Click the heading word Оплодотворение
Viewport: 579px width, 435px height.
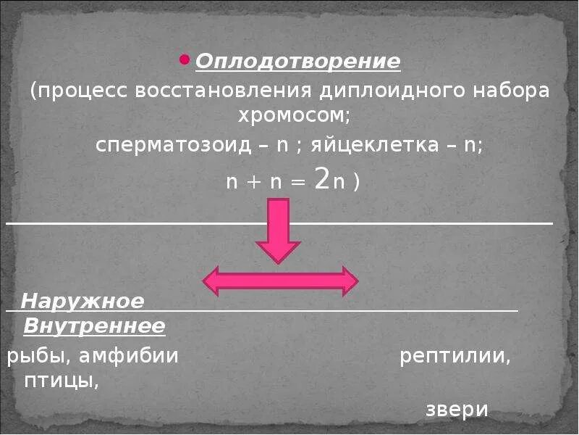coord(297,62)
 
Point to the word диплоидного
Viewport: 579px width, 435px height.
coord(375,92)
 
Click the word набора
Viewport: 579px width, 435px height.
coord(508,92)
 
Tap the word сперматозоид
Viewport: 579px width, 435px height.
coord(174,144)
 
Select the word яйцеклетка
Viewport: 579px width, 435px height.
coord(379,144)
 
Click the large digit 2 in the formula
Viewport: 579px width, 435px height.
coord(323,179)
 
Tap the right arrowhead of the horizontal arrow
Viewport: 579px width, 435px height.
coord(348,281)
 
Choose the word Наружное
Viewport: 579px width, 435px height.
coord(83,300)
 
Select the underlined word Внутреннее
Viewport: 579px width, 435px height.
coord(94,326)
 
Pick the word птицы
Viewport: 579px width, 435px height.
coord(60,381)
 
